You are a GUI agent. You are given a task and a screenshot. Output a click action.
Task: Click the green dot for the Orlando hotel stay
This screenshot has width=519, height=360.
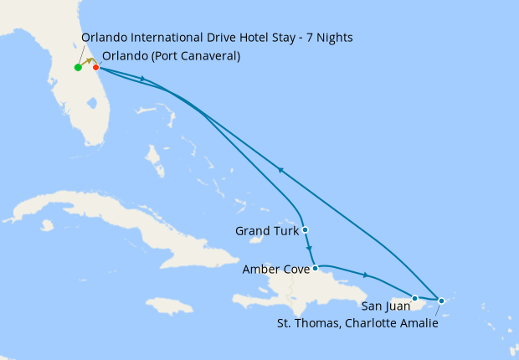[78, 68]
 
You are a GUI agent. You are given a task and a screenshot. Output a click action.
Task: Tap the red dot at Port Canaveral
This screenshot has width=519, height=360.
[96, 68]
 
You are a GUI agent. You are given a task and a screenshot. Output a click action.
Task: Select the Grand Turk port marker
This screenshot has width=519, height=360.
[306, 229]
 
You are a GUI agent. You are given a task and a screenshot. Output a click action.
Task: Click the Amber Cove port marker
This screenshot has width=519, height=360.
[315, 269]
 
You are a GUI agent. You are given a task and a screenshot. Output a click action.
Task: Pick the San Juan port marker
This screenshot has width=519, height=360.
[414, 297]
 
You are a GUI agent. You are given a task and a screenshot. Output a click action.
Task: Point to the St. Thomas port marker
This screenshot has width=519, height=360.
[441, 300]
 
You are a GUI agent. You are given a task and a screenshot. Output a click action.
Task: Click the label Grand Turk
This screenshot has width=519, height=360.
[265, 230]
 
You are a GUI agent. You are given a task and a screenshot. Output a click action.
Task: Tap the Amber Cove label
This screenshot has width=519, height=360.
[275, 270]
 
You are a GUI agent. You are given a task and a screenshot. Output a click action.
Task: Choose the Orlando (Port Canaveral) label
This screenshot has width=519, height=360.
[172, 57]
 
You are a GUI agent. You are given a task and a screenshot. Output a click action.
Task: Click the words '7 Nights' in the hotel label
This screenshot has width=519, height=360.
[330, 38]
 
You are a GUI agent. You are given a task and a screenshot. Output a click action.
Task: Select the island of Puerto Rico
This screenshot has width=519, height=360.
[398, 296]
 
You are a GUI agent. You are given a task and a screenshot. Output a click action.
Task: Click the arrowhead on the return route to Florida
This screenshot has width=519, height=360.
[280, 170]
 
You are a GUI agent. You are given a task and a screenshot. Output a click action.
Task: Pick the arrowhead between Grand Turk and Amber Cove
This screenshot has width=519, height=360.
[310, 249]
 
